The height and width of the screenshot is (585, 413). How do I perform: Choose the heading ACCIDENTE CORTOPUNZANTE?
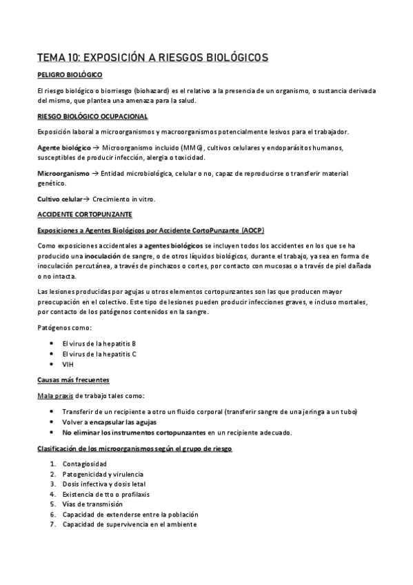click(80, 214)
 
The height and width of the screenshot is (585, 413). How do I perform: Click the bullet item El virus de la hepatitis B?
click(99, 343)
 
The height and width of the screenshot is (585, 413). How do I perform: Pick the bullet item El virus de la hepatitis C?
click(99, 354)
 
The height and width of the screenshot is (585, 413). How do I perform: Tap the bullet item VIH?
click(68, 364)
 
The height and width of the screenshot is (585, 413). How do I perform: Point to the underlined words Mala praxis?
click(54, 396)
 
